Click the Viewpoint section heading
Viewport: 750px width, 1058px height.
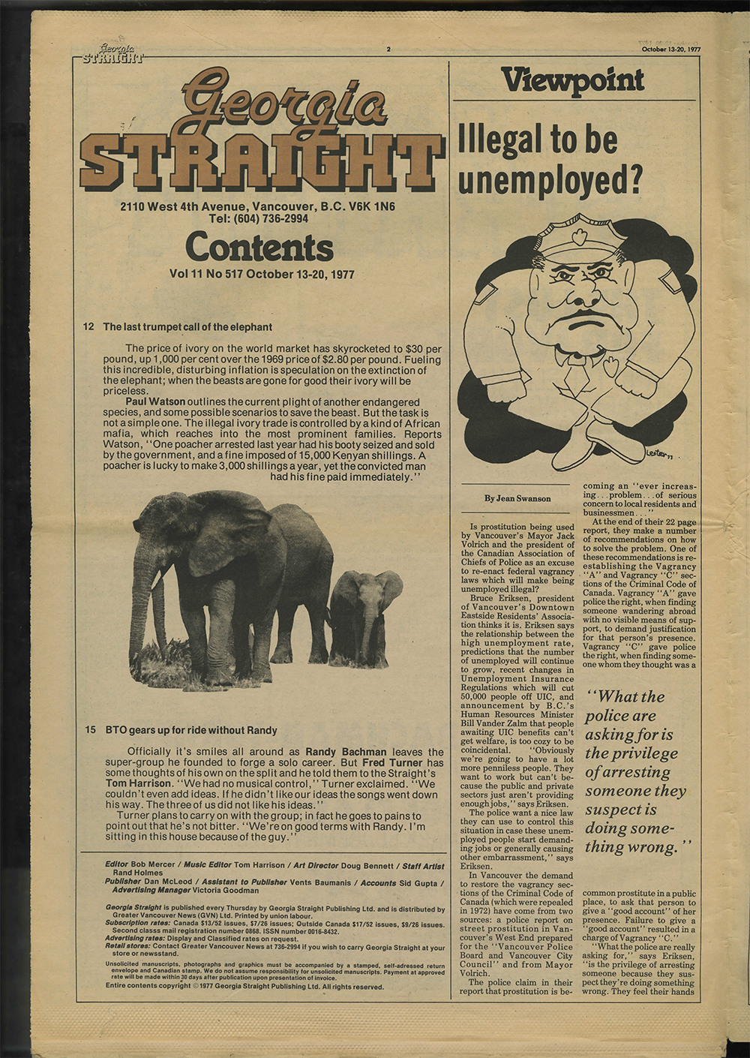coord(572,80)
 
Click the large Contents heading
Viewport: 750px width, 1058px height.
coord(259,248)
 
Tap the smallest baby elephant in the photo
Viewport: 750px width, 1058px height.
coord(365,614)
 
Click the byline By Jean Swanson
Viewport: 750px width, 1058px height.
coord(517,498)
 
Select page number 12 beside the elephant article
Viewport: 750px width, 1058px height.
coord(89,327)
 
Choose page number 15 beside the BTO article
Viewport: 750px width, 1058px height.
coord(90,730)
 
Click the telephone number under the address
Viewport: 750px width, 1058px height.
coord(259,218)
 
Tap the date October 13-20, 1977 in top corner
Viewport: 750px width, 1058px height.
coord(670,50)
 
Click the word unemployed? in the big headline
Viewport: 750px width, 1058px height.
coord(550,181)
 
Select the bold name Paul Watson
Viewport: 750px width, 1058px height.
coord(155,402)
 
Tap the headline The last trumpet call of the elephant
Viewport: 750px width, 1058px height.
coord(187,327)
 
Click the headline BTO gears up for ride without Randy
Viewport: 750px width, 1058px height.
coord(190,730)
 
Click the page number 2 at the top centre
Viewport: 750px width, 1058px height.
coord(388,50)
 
